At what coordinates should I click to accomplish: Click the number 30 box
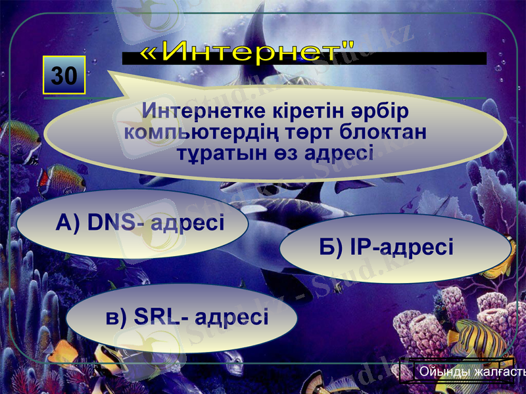64,76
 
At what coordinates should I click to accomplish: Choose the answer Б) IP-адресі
394,248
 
